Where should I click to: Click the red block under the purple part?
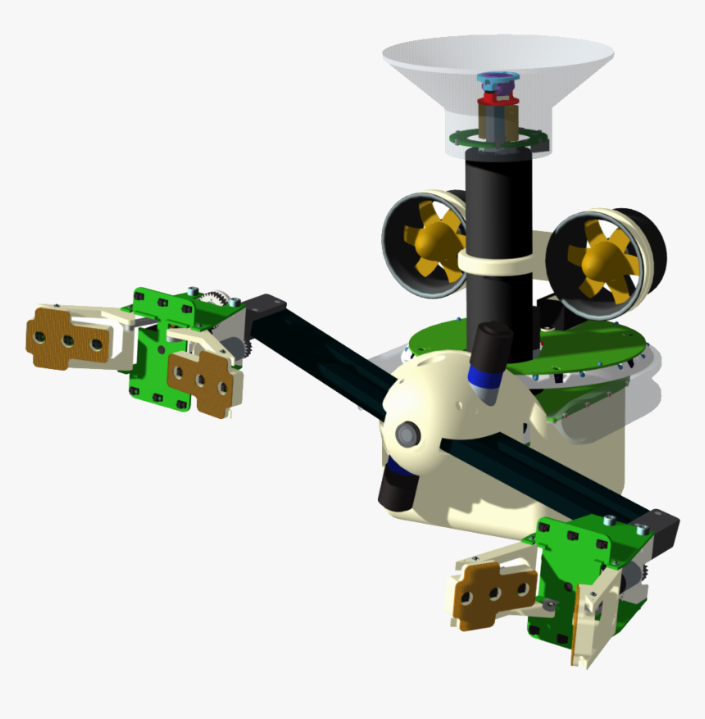(498, 101)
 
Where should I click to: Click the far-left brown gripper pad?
(66, 336)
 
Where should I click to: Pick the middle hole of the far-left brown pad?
(68, 339)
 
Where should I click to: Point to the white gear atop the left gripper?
(218, 299)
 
